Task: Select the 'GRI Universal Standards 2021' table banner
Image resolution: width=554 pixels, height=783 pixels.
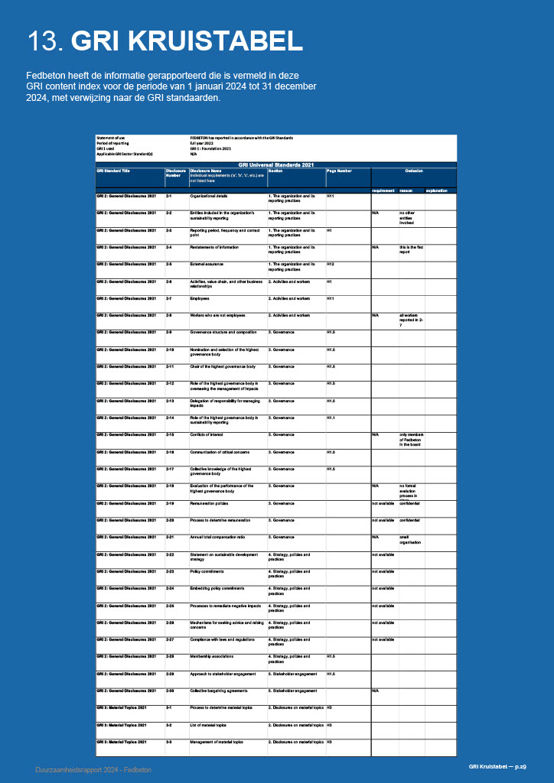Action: (x=276, y=164)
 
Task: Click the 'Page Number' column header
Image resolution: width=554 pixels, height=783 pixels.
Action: (x=339, y=171)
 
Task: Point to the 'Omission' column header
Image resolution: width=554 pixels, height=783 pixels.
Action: (x=414, y=171)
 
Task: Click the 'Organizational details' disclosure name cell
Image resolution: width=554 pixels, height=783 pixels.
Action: (x=208, y=197)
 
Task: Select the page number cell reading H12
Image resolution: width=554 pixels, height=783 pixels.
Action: (x=331, y=265)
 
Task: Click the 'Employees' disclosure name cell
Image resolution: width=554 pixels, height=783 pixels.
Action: (x=200, y=298)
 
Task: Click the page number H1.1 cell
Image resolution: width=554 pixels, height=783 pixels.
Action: (x=331, y=417)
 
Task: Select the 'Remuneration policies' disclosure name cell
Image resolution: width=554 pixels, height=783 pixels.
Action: (x=210, y=503)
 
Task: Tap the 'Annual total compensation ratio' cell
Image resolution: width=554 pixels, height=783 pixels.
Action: (x=217, y=537)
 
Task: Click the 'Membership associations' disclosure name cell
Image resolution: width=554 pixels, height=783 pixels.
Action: (x=213, y=656)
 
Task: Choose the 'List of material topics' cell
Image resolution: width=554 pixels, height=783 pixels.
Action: (x=208, y=724)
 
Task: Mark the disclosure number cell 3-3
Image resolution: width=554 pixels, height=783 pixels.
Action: (x=169, y=742)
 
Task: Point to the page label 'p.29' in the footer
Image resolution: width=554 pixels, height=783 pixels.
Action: (x=520, y=766)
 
